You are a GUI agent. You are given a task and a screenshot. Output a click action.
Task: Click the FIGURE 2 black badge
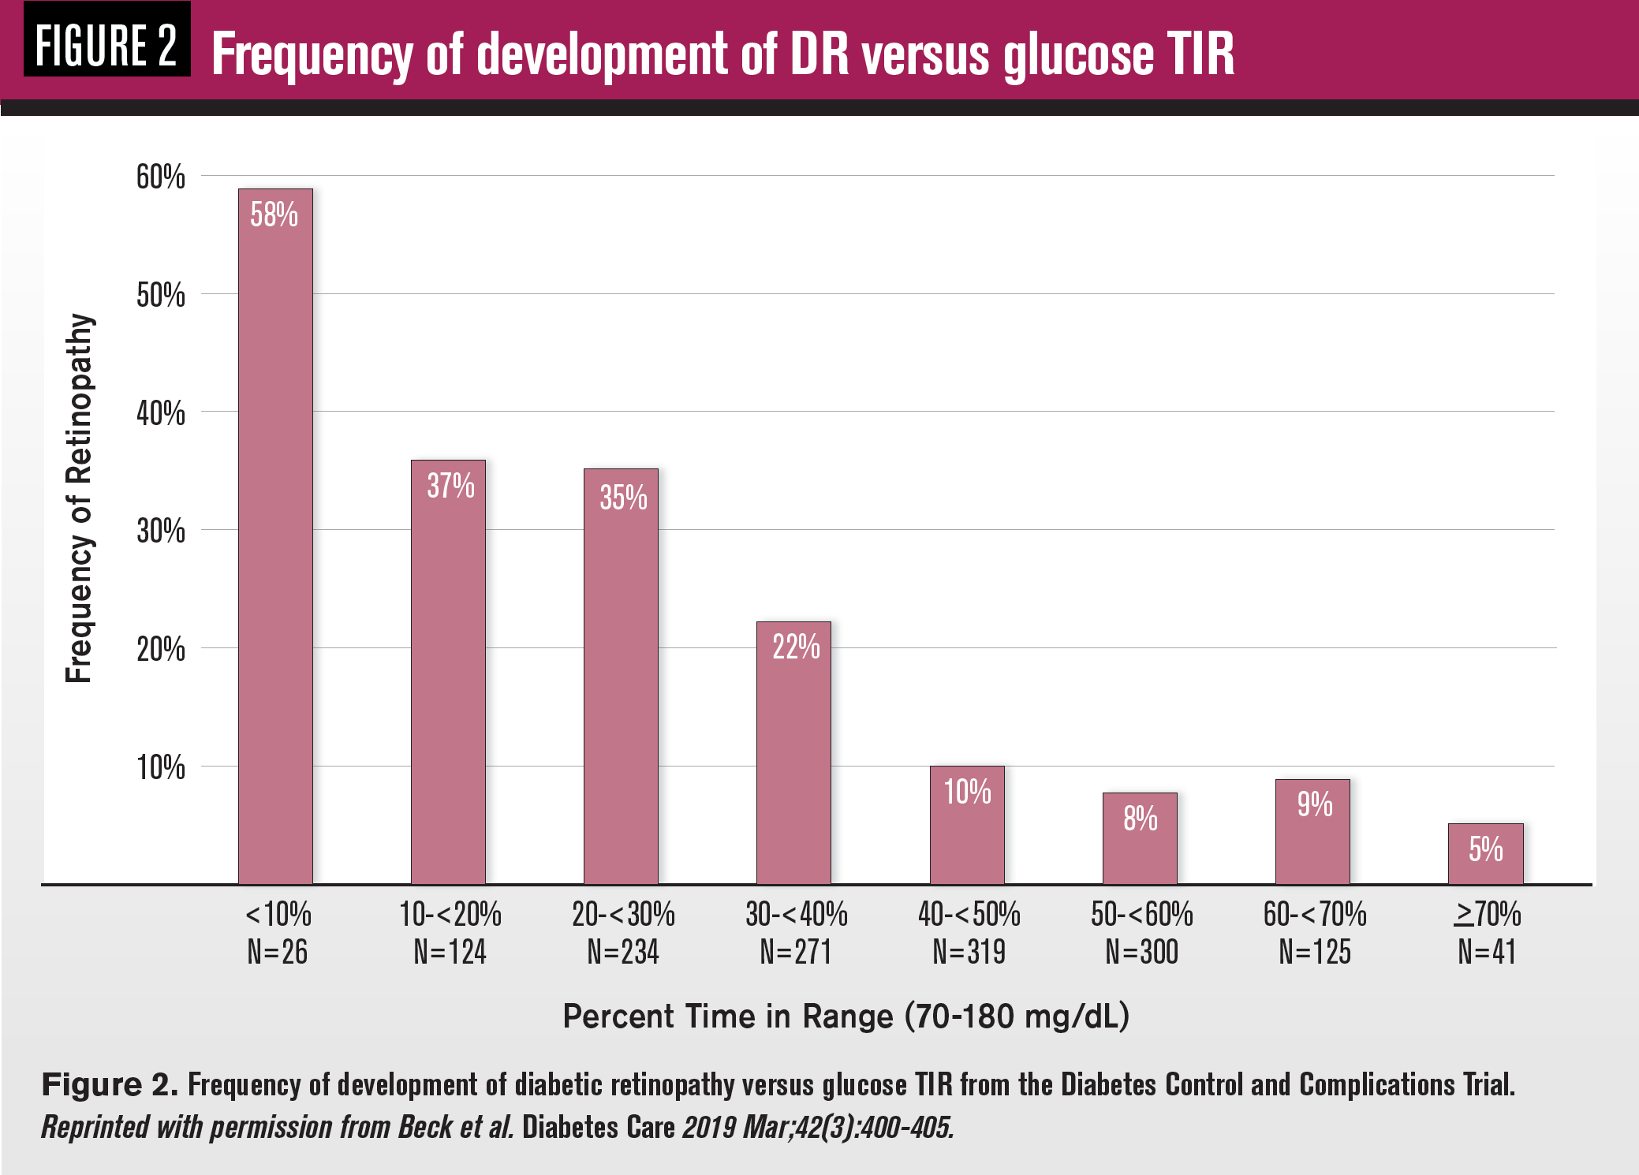106,45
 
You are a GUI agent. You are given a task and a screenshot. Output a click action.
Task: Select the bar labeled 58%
275,536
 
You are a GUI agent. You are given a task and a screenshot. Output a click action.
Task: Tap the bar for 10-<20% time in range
448,670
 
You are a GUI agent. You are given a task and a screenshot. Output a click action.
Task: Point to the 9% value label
1314,804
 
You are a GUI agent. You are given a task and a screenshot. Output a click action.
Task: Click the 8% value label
1141,819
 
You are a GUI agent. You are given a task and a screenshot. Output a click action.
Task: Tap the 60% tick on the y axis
161,177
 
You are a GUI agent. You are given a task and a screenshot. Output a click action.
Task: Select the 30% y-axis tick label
161,531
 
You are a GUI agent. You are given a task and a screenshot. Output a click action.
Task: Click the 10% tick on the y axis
161,767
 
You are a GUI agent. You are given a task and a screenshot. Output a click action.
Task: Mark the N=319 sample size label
969,953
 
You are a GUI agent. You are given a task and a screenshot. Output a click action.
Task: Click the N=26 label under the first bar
277,953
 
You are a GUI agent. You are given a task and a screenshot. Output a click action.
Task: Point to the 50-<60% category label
1141,915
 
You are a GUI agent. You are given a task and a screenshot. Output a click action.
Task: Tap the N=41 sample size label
1487,953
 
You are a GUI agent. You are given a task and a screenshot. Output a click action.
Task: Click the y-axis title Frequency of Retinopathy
79,498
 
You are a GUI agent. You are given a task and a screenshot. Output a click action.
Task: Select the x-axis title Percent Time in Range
846,1016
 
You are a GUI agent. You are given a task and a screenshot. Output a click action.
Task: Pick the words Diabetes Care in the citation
598,1128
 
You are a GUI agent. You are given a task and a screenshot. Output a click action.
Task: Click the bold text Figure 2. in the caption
110,1085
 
